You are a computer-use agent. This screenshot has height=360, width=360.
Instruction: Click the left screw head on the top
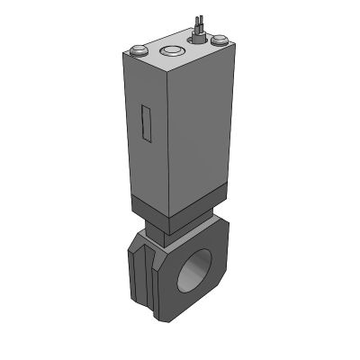coord(137,50)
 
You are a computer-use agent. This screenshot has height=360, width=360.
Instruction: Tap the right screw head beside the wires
coord(219,39)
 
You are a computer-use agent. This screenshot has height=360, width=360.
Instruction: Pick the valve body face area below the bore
coord(193,304)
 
